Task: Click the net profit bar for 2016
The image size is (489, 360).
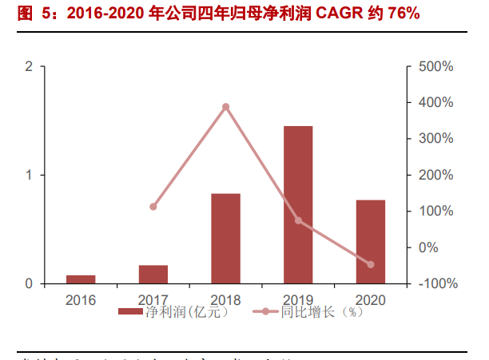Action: (x=81, y=279)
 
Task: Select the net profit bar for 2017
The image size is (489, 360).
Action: (x=153, y=274)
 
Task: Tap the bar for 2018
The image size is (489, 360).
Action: (x=226, y=238)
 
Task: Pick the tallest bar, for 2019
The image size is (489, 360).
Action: (x=298, y=204)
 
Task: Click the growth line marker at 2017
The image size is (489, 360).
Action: (x=153, y=207)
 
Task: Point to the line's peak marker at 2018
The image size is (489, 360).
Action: (x=226, y=107)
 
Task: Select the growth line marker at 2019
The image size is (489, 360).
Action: (x=299, y=220)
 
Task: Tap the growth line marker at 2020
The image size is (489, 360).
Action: (x=371, y=264)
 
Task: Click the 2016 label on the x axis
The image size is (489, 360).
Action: (x=81, y=300)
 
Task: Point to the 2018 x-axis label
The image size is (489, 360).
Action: (x=226, y=300)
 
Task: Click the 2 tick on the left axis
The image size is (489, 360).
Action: (x=29, y=66)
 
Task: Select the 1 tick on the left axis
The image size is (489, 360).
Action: (x=29, y=175)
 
